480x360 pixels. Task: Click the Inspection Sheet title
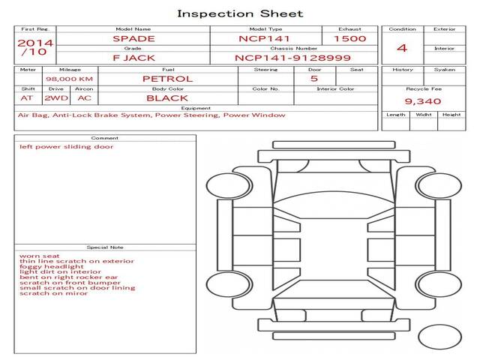pyautogui.click(x=240, y=13)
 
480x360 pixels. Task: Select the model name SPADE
pyautogui.click(x=133, y=39)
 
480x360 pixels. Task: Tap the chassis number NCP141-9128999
pyautogui.click(x=292, y=58)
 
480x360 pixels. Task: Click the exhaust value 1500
pyautogui.click(x=350, y=38)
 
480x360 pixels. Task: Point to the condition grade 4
pyautogui.click(x=402, y=48)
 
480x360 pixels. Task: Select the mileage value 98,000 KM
pyautogui.click(x=70, y=79)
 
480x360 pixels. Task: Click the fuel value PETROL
pyautogui.click(x=168, y=79)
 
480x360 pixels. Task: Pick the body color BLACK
pyautogui.click(x=167, y=98)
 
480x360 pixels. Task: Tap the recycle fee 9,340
pyautogui.click(x=423, y=101)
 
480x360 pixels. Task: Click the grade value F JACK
pyautogui.click(x=133, y=58)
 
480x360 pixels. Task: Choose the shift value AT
pyautogui.click(x=27, y=98)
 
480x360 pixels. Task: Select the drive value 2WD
pyautogui.click(x=56, y=98)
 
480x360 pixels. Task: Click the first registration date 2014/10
pyautogui.click(x=35, y=47)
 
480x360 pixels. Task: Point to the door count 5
pyautogui.click(x=314, y=78)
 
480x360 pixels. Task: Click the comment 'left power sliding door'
pyautogui.click(x=67, y=147)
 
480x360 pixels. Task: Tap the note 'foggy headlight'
pyautogui.click(x=52, y=267)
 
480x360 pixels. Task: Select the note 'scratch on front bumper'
pyautogui.click(x=70, y=283)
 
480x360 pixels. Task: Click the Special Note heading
pyautogui.click(x=105, y=247)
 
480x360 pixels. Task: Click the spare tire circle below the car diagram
pyautogui.click(x=439, y=337)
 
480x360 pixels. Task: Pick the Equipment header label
pyautogui.click(x=196, y=108)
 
